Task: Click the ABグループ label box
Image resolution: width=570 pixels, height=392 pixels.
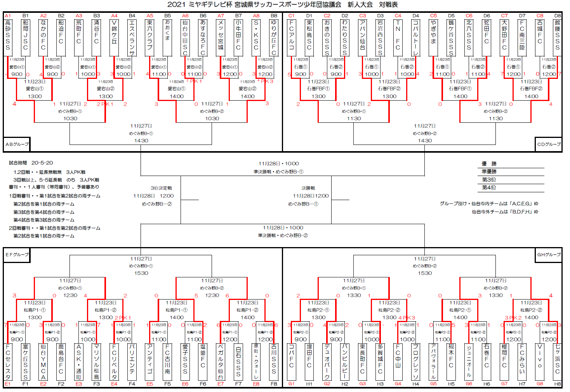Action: pos(17,144)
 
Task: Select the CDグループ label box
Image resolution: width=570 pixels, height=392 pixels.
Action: pos(549,144)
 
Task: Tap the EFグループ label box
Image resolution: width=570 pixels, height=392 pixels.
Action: pos(17,255)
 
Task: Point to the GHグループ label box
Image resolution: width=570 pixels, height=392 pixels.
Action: pos(549,255)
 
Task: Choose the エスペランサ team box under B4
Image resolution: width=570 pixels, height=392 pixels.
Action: pos(132,37)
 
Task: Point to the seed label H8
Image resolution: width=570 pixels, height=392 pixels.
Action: pos(558,384)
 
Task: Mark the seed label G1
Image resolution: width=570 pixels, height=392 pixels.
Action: pos(292,384)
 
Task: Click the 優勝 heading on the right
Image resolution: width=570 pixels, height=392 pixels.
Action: pos(489,164)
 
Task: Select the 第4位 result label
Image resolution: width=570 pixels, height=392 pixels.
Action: pos(489,188)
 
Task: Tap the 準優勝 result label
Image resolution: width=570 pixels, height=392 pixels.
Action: pos(489,172)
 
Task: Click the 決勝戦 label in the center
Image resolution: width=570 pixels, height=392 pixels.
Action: pos(308,188)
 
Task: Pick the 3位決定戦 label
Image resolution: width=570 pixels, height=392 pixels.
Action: pos(161,188)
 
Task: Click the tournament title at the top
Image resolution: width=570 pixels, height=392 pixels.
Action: pos(282,5)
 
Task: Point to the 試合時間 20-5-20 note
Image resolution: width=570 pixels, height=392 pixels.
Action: pos(31,163)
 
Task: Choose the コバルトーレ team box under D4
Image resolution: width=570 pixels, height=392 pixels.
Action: pos(416,37)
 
